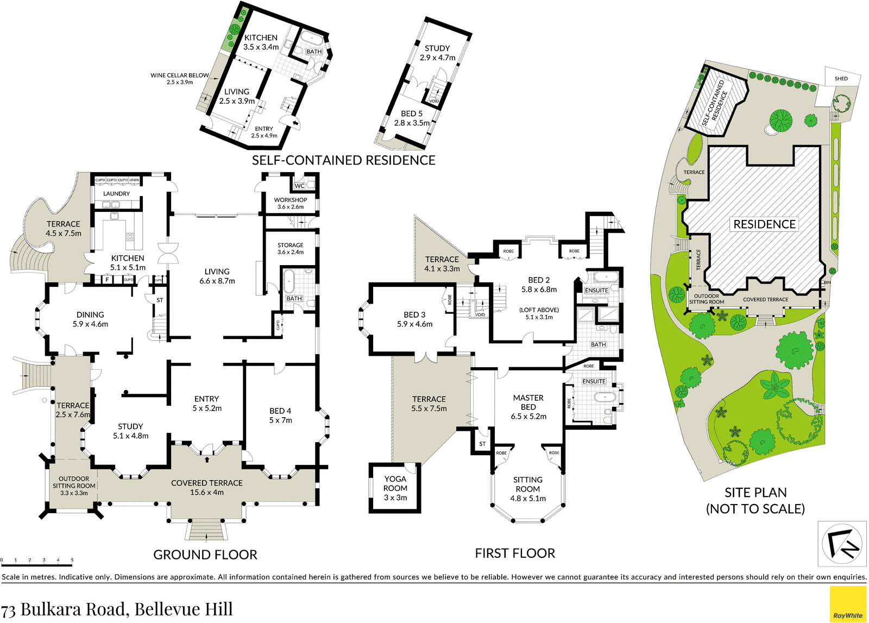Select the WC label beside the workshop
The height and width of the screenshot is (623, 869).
click(x=299, y=186)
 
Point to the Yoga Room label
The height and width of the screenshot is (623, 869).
click(x=395, y=483)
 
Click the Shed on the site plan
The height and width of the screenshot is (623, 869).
click(x=841, y=78)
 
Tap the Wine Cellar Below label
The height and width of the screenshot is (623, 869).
click(x=180, y=75)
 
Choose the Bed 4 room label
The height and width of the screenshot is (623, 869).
click(x=280, y=411)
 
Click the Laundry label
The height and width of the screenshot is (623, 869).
click(x=116, y=193)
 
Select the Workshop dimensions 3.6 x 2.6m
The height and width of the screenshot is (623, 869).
click(x=291, y=207)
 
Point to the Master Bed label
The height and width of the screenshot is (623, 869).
click(x=528, y=402)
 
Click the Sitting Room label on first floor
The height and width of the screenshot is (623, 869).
click(x=527, y=484)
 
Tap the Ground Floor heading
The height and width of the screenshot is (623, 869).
click(x=205, y=555)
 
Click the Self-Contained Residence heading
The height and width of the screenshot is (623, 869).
click(x=344, y=160)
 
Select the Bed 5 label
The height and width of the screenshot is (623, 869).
click(x=412, y=114)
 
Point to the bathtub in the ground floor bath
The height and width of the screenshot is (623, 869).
click(x=289, y=281)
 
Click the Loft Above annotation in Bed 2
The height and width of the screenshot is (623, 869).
click(x=539, y=310)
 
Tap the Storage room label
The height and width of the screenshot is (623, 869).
click(x=291, y=245)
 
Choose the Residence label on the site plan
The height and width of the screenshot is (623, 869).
click(x=764, y=224)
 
